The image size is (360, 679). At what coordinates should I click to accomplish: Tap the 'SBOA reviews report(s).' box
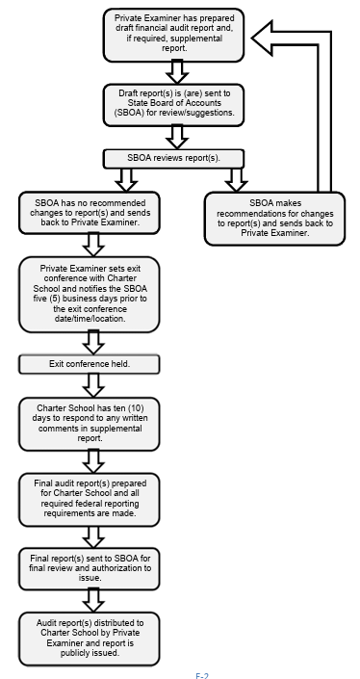(x=175, y=157)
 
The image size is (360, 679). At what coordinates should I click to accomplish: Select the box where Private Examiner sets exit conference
(x=89, y=293)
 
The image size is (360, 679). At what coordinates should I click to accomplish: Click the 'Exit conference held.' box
(x=89, y=364)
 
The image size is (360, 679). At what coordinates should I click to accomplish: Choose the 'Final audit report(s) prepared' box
(x=89, y=499)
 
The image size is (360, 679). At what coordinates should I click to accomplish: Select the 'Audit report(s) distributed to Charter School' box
(x=89, y=638)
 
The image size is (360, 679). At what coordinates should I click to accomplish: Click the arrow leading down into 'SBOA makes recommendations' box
(x=235, y=180)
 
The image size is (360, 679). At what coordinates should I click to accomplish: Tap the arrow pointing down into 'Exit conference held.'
(x=92, y=343)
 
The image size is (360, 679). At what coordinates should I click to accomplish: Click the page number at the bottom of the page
(x=202, y=674)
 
